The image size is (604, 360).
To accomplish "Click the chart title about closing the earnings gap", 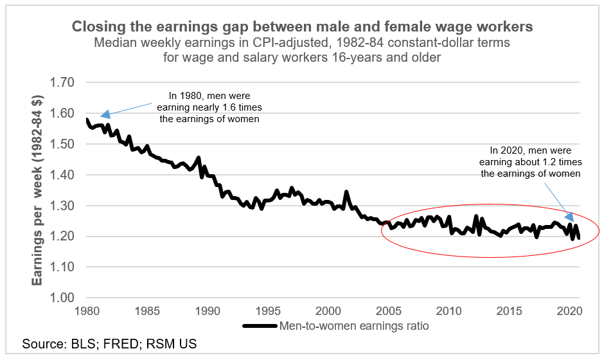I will (x=302, y=27).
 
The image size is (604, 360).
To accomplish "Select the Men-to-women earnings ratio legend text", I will (x=354, y=326).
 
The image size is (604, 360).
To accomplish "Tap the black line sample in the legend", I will (x=260, y=326).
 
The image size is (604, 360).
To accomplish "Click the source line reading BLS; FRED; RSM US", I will (x=109, y=344).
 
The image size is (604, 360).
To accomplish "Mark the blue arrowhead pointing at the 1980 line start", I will (x=105, y=115).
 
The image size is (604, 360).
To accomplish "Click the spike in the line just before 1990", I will (x=198, y=157).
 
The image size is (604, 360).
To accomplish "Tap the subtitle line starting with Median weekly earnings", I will (x=302, y=50).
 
